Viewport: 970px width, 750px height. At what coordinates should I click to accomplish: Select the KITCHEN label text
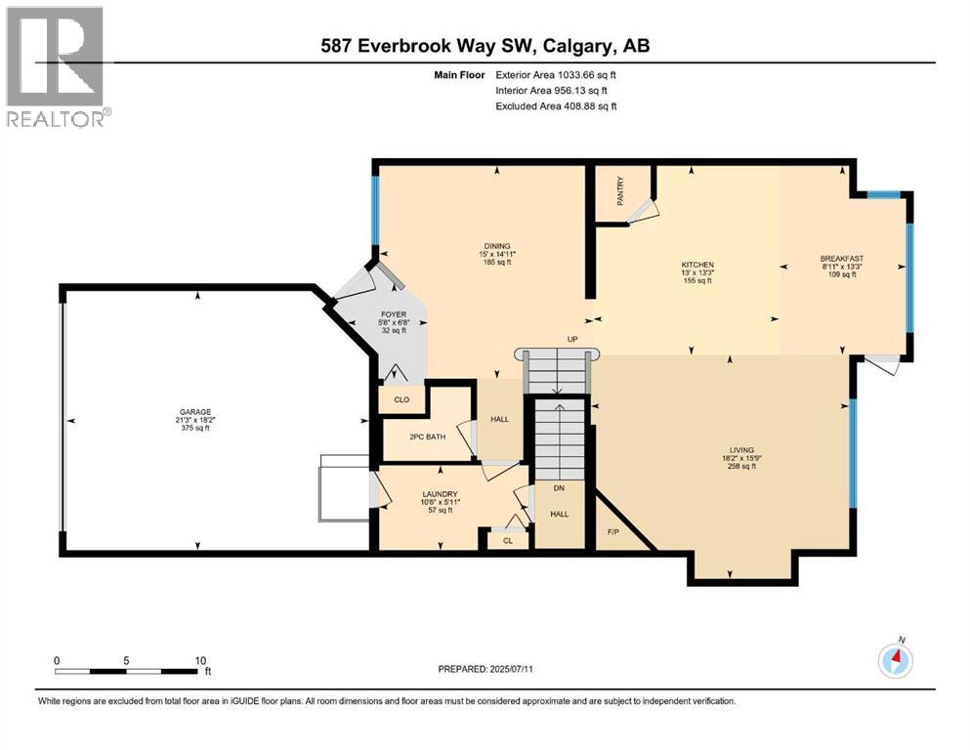(697, 265)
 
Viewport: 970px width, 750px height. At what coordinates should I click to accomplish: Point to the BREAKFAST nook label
(841, 259)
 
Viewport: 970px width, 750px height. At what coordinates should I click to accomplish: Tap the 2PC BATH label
(427, 437)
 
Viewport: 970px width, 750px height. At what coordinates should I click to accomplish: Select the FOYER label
(392, 314)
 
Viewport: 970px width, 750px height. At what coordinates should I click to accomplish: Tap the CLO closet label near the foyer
(401, 399)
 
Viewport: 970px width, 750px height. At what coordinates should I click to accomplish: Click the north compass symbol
(896, 661)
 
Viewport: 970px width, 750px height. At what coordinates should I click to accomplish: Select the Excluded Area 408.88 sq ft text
(556, 105)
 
